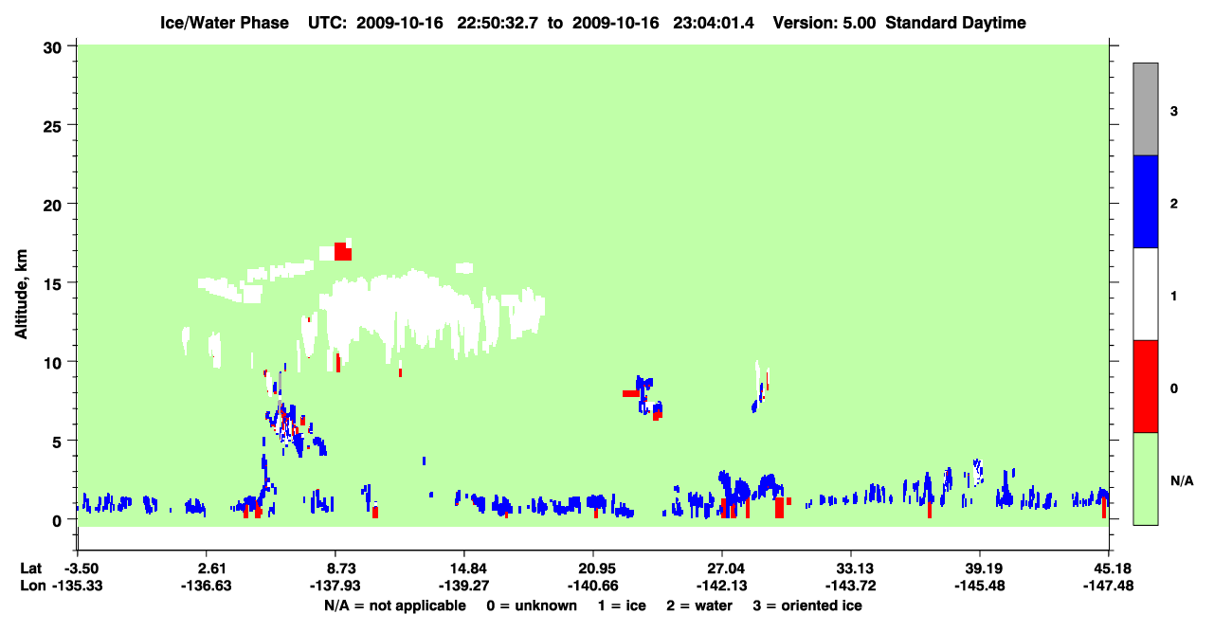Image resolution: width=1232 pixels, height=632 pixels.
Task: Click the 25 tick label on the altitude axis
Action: [52, 127]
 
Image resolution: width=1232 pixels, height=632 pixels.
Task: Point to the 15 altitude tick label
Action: [52, 284]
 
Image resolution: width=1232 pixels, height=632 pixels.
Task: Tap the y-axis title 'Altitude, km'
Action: [21, 295]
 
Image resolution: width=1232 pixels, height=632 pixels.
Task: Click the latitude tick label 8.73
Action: [335, 569]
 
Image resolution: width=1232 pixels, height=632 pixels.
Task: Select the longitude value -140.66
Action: [593, 586]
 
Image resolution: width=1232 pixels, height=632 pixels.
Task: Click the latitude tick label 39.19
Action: [980, 569]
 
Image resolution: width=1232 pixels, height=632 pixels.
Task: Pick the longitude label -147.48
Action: [1108, 586]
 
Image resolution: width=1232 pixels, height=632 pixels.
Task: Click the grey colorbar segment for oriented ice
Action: [1145, 109]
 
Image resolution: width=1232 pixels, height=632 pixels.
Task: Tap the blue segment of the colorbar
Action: [1145, 201]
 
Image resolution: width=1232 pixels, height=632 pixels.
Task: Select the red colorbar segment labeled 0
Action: [1145, 387]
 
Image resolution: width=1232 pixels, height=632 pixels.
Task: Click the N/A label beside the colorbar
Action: [1182, 481]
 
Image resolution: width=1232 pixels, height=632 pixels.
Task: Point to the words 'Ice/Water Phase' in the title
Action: [225, 23]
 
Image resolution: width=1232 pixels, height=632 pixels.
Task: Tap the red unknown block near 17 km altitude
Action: [343, 251]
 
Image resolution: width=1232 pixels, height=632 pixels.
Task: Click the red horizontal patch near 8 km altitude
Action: [631, 393]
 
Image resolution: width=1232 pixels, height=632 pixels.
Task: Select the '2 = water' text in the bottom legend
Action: [699, 605]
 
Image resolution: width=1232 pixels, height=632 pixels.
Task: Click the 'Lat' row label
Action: [30, 569]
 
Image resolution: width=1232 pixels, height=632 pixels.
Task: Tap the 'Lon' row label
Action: [32, 586]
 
